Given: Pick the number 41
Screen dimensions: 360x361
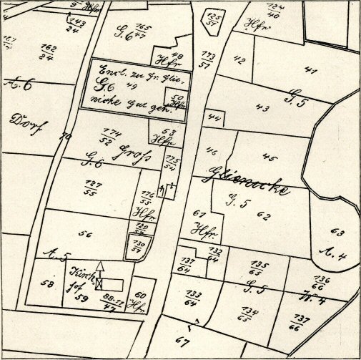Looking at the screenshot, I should [x=310, y=70].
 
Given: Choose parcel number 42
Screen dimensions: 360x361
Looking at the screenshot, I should [x=239, y=59].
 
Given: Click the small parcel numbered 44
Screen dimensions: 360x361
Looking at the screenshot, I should [x=212, y=115].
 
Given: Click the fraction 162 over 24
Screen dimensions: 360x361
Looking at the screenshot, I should [x=48, y=53].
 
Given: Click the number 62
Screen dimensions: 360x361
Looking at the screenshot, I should [x=264, y=215].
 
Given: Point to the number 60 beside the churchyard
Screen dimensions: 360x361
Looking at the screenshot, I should [x=141, y=296].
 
